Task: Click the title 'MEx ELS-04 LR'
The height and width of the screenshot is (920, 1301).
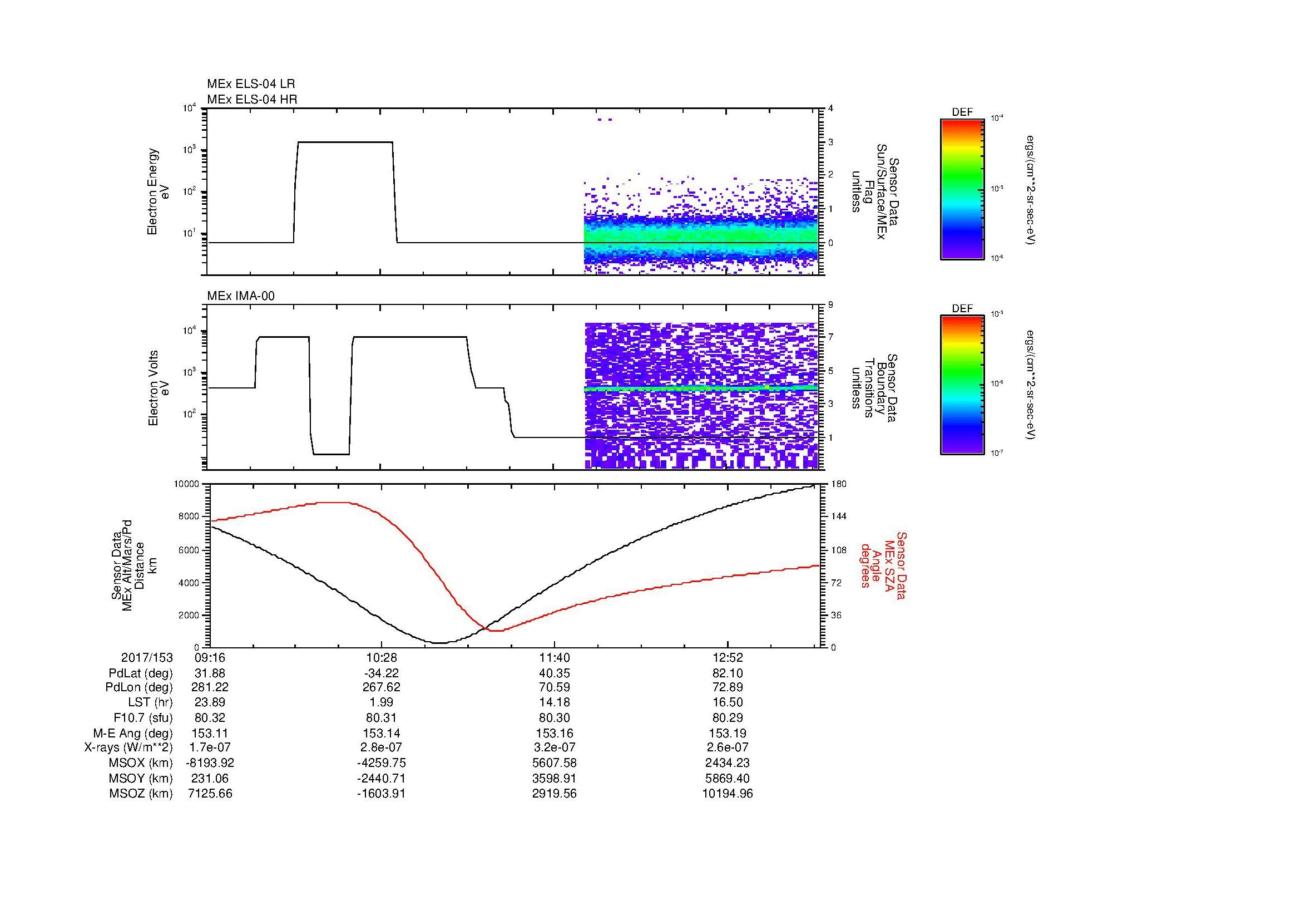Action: pyautogui.click(x=250, y=84)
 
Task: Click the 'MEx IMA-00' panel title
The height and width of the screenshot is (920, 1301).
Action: pyautogui.click(x=240, y=296)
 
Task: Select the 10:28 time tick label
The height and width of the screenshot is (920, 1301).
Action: pyautogui.click(x=382, y=658)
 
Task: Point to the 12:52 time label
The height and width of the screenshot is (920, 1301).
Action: pyautogui.click(x=728, y=658)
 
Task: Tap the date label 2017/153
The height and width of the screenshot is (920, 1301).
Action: pyautogui.click(x=147, y=658)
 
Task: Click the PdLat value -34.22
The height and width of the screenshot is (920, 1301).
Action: pyautogui.click(x=382, y=673)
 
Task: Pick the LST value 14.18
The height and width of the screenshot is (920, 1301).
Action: pyautogui.click(x=554, y=703)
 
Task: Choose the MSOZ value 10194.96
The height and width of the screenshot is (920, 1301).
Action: pyautogui.click(x=728, y=794)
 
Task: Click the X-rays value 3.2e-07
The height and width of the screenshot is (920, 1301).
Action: pyautogui.click(x=554, y=748)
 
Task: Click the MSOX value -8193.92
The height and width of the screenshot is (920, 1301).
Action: pyautogui.click(x=210, y=764)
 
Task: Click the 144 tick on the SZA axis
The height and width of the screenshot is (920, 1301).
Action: pyautogui.click(x=838, y=516)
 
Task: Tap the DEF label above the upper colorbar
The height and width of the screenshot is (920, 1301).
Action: pyautogui.click(x=962, y=112)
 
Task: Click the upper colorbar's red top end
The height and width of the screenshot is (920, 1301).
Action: pyautogui.click(x=962, y=122)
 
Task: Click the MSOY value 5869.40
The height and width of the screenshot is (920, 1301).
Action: pyautogui.click(x=728, y=779)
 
